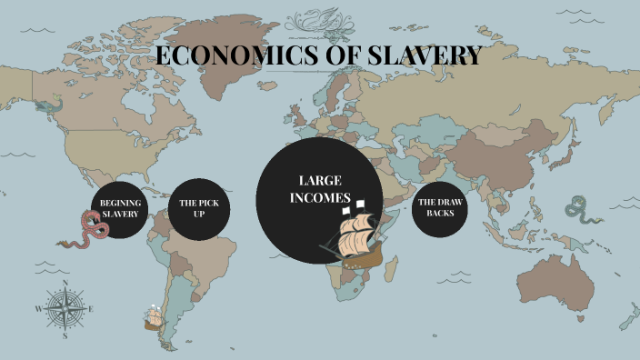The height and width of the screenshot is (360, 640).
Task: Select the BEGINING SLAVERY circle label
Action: click(120, 208)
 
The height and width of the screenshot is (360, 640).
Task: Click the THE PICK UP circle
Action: click(199, 208)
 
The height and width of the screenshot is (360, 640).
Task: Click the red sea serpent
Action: click(88, 231)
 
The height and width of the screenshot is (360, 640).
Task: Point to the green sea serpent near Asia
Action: click(577, 212)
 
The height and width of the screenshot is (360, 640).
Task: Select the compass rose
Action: click(65, 308)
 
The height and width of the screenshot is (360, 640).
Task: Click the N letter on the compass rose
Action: click(65, 283)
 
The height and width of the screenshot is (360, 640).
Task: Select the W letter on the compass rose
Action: click(38, 309)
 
